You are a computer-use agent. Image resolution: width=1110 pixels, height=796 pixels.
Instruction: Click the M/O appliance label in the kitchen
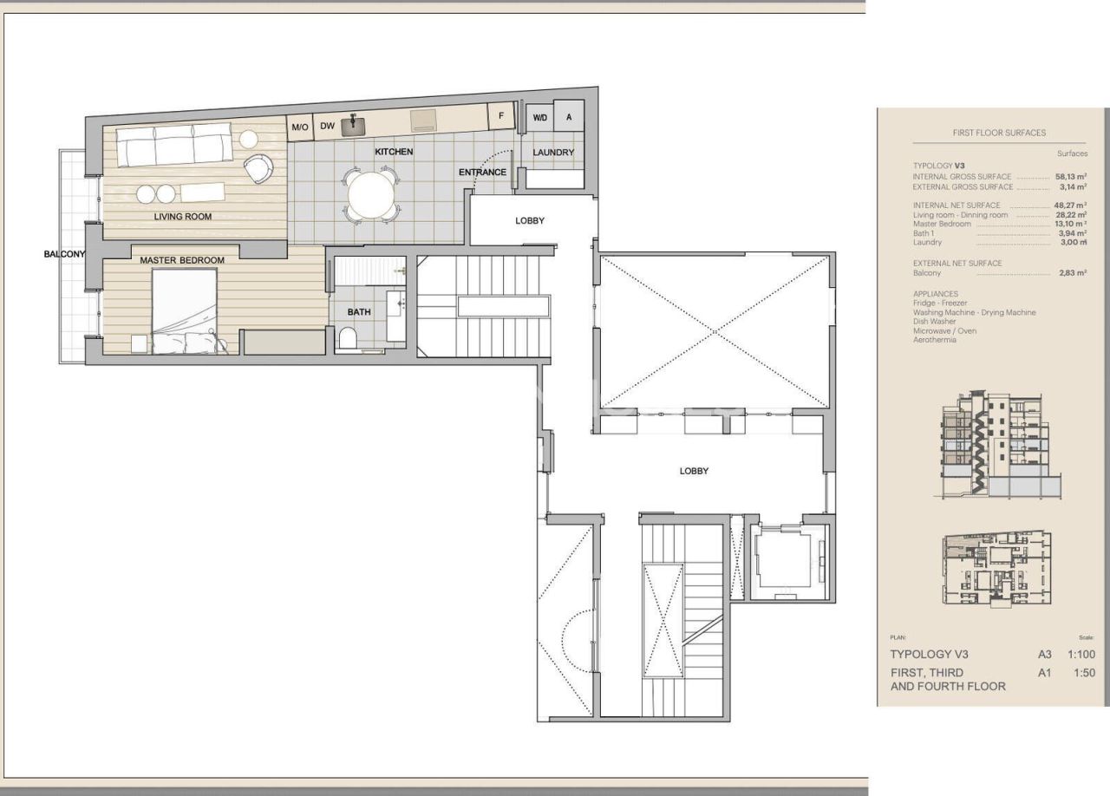[x=300, y=127]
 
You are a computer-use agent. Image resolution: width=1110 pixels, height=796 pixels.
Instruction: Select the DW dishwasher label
[x=327, y=127]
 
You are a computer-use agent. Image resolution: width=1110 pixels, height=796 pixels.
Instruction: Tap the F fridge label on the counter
[x=500, y=116]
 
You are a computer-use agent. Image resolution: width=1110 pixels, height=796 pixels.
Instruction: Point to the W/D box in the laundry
[x=539, y=117]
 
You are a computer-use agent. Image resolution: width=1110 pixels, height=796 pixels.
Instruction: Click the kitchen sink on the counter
[x=352, y=126]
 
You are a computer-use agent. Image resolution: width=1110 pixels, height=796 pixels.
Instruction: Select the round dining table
[x=370, y=196]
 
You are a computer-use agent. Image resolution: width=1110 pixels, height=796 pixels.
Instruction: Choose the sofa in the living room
[x=174, y=145]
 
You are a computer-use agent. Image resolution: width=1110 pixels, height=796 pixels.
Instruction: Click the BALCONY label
[x=65, y=254]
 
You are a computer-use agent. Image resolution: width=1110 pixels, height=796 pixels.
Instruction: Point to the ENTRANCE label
[x=482, y=172]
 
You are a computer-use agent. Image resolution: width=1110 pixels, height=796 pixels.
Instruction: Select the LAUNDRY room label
[x=553, y=153]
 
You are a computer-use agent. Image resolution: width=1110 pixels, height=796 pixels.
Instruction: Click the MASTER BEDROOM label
[x=182, y=260]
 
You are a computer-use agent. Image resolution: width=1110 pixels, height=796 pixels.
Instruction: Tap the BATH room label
[x=358, y=312]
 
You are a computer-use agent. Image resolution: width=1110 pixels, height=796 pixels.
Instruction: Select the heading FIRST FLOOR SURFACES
[x=998, y=133]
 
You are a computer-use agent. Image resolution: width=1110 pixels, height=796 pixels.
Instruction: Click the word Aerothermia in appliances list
[x=935, y=340]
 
